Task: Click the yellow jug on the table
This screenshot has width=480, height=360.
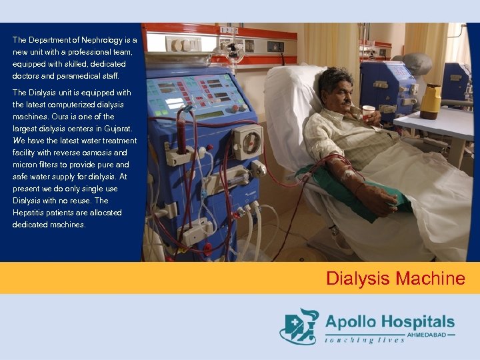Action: [430, 101]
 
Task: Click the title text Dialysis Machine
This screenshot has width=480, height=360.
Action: [395, 278]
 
